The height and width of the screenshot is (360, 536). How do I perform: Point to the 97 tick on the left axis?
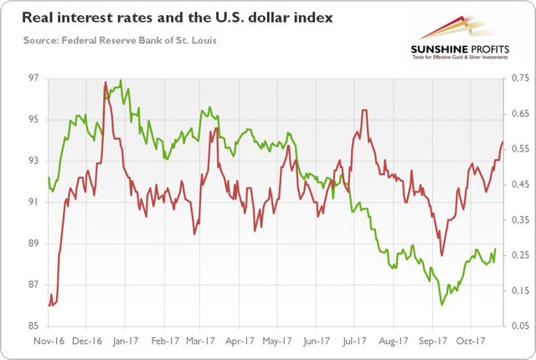(33, 78)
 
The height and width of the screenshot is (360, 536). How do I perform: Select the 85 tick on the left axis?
(33, 326)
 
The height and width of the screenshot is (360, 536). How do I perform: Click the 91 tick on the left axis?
(33, 202)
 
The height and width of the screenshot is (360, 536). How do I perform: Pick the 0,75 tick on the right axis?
(520, 78)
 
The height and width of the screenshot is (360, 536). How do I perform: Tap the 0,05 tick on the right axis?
(520, 326)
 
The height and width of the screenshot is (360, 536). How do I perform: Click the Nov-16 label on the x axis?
(49, 342)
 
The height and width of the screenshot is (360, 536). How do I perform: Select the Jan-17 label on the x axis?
(126, 342)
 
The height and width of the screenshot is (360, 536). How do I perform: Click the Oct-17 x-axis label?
(471, 342)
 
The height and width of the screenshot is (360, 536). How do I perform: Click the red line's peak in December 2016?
(105, 82)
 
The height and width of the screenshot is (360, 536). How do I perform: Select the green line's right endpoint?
(496, 249)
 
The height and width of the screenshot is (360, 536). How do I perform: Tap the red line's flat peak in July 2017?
(365, 111)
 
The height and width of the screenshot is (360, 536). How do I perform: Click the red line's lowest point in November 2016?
(51, 306)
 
